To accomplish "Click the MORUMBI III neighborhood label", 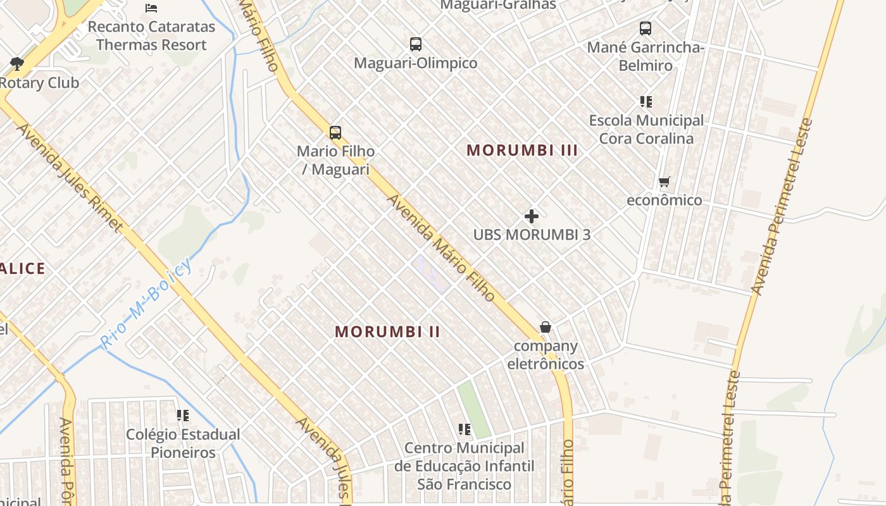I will pyautogui.click(x=522, y=151).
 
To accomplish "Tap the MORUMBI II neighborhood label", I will pyautogui.click(x=387, y=331).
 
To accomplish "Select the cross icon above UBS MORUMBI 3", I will pyautogui.click(x=532, y=216).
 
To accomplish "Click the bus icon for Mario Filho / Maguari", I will pyautogui.click(x=335, y=133).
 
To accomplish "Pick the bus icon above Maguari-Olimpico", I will pyautogui.click(x=416, y=44).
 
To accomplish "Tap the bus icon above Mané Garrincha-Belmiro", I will pyautogui.click(x=646, y=28).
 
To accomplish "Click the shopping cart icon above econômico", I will pyautogui.click(x=664, y=182).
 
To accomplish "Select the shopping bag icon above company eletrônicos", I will pyautogui.click(x=545, y=327).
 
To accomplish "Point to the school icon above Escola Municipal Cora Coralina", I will pyautogui.click(x=646, y=101).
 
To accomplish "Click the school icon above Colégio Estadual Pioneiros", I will pyautogui.click(x=183, y=416).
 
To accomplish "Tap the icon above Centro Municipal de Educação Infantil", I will pyautogui.click(x=465, y=429).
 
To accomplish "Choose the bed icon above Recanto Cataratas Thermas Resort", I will pyautogui.click(x=151, y=8).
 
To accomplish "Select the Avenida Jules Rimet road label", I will pyautogui.click(x=70, y=177).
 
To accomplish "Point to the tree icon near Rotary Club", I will pyautogui.click(x=16, y=63).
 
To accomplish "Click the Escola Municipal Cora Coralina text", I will pyautogui.click(x=646, y=129).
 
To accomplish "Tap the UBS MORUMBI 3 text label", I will pyautogui.click(x=532, y=235).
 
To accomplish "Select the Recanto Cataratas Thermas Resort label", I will pyautogui.click(x=151, y=36).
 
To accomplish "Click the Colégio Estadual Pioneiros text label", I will pyautogui.click(x=183, y=443).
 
